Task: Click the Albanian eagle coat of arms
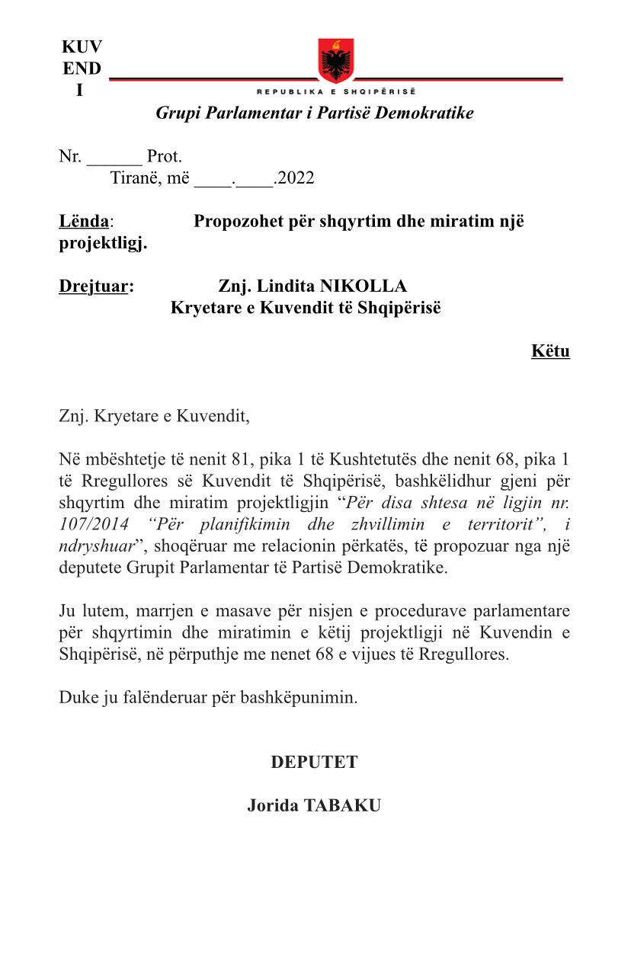(336, 61)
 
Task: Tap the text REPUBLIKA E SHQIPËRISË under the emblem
(336, 91)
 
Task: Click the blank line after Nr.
(114, 158)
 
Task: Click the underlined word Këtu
(550, 351)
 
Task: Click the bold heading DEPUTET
(314, 763)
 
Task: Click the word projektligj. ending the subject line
(104, 244)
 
